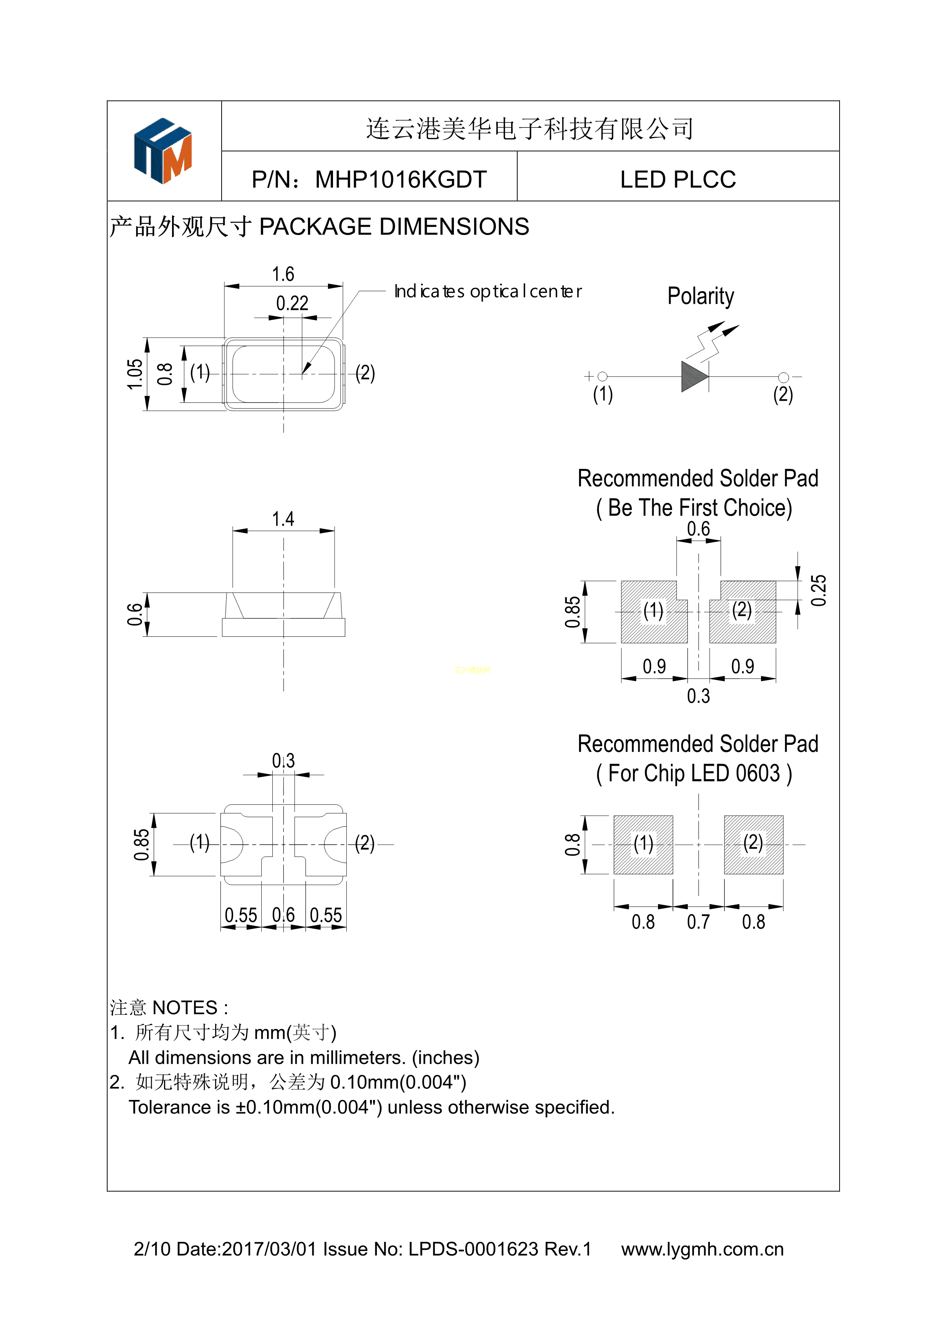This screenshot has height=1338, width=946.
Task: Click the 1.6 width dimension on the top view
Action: (x=283, y=274)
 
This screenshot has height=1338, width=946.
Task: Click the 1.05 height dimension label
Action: (x=135, y=374)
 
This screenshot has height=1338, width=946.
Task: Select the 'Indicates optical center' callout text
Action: (x=487, y=291)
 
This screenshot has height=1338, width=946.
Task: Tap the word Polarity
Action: (x=700, y=296)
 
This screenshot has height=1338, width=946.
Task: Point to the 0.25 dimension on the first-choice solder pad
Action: (x=819, y=590)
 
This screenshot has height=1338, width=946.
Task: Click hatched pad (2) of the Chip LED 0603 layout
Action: (x=753, y=844)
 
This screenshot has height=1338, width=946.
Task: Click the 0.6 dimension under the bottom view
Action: (x=283, y=915)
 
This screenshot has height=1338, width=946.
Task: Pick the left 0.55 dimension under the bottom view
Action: (x=241, y=915)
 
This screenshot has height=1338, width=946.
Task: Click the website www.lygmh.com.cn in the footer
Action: (x=702, y=1249)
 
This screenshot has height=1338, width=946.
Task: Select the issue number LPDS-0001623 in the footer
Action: (x=473, y=1249)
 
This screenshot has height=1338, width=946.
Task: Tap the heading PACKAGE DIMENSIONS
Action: (x=394, y=227)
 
